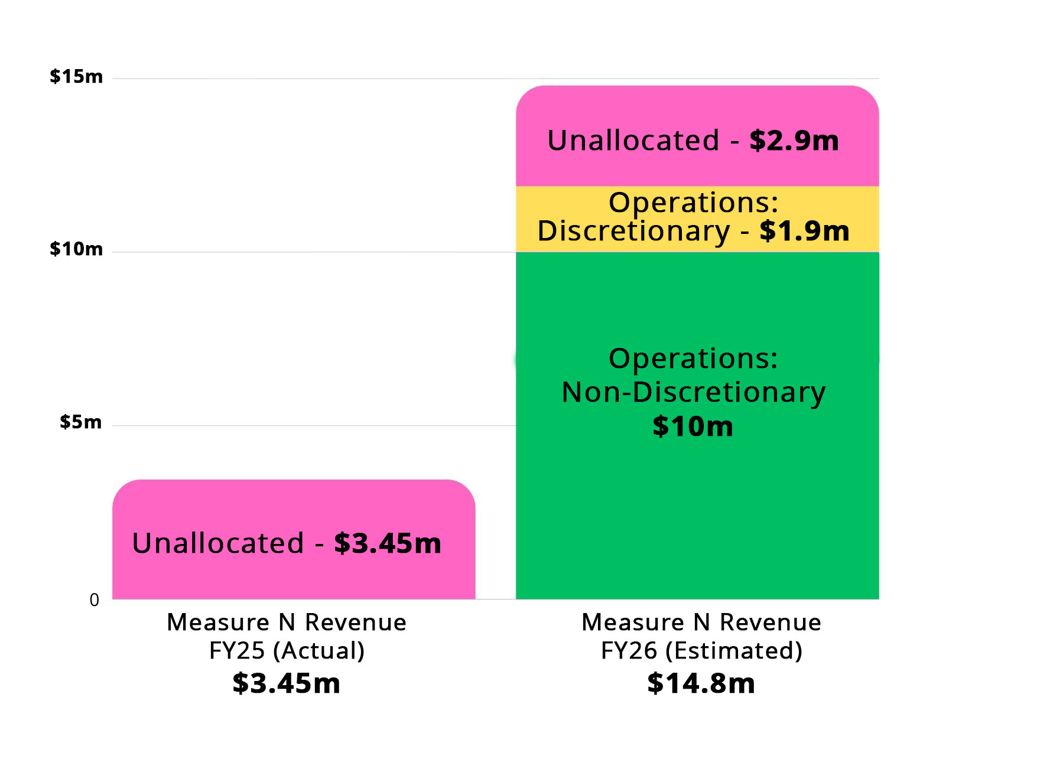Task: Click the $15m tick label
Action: click(x=76, y=76)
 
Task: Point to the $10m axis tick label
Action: click(x=76, y=249)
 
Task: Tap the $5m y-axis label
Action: click(x=80, y=422)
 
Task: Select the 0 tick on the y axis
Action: click(x=95, y=600)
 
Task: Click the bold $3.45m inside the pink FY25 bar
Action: click(x=388, y=543)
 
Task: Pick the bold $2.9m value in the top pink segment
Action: click(x=794, y=141)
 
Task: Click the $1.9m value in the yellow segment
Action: click(x=804, y=231)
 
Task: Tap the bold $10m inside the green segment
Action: click(x=693, y=426)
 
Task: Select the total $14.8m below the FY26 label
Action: click(x=701, y=683)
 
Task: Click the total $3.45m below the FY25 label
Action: click(x=287, y=683)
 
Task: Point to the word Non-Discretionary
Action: click(x=693, y=392)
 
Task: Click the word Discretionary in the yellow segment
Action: click(x=633, y=231)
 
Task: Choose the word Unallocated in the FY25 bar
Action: click(x=218, y=543)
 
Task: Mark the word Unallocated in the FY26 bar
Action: click(x=633, y=141)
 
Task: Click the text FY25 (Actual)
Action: click(x=287, y=651)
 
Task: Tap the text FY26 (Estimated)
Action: click(x=701, y=651)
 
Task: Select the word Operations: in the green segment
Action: click(x=693, y=359)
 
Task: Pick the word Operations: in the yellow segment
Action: click(x=693, y=203)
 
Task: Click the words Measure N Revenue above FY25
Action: click(x=287, y=623)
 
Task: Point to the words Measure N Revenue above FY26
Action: click(x=701, y=623)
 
